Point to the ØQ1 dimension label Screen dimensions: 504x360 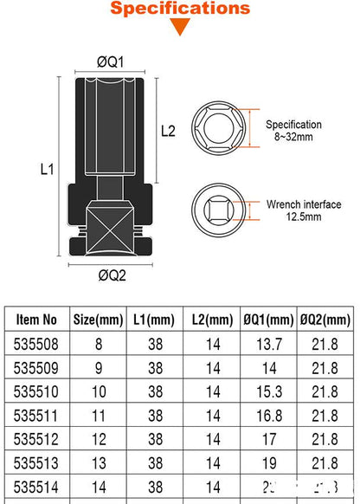click(111, 62)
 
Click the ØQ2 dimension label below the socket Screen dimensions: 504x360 click(111, 276)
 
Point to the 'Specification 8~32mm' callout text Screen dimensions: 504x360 click(294, 131)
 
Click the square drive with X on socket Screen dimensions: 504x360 click(111, 225)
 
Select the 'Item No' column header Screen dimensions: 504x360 click(37, 318)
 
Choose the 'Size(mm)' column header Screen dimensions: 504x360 click(96, 318)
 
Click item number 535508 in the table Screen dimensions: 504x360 click(37, 343)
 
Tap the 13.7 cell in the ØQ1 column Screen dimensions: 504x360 click(267, 343)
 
